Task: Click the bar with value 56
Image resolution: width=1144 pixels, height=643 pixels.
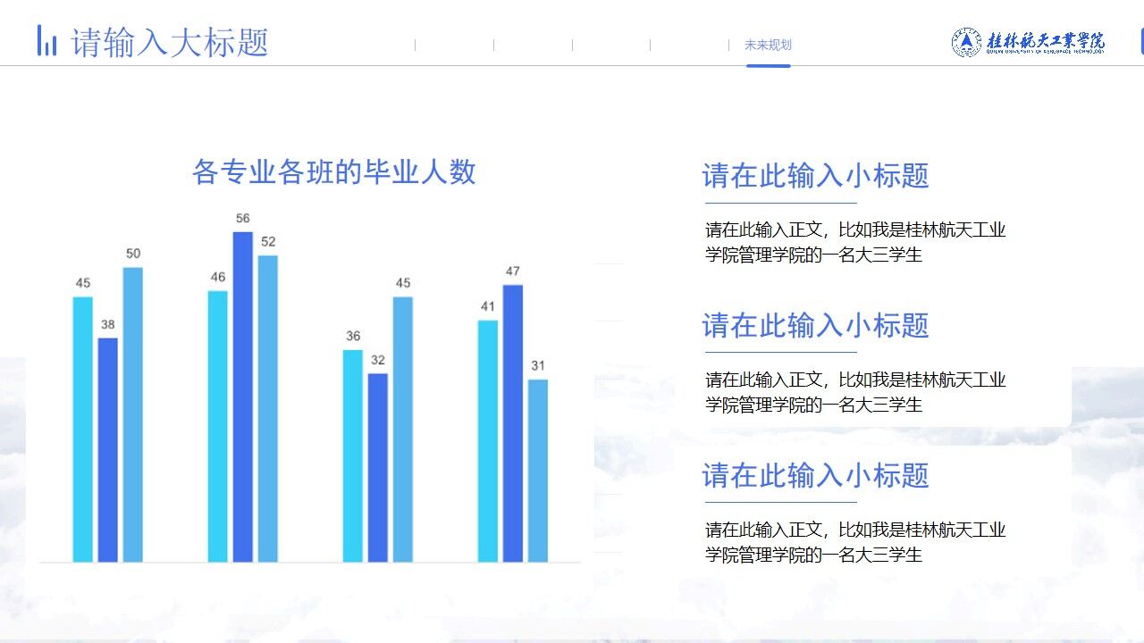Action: tap(243, 397)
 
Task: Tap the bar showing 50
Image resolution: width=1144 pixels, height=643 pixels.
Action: tap(132, 414)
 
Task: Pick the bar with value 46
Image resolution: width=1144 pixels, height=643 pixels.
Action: tap(217, 426)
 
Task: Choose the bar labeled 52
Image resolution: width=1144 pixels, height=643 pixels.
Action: tap(268, 408)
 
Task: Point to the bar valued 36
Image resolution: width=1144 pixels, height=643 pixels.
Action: tap(353, 455)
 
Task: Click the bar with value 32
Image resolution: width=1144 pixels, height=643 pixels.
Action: tap(378, 467)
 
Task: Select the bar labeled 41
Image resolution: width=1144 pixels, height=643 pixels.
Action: tap(487, 441)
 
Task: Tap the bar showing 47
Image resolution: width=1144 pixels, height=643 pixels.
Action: tap(513, 423)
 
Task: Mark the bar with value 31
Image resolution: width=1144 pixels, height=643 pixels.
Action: tap(538, 471)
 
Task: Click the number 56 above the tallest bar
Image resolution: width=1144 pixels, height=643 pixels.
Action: tap(243, 219)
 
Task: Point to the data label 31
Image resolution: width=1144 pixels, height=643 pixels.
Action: tap(538, 366)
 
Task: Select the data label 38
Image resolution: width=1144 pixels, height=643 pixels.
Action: tap(107, 325)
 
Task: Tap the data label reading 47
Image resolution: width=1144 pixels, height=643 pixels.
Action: tap(513, 271)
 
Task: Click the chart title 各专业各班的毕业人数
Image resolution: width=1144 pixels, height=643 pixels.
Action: tap(333, 171)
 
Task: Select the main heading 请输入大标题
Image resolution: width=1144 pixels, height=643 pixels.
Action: tap(170, 42)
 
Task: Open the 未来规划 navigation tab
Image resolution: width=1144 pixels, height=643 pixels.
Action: tap(768, 46)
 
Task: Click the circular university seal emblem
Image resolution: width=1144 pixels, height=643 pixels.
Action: tap(966, 42)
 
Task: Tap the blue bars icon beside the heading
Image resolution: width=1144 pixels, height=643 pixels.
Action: tap(46, 41)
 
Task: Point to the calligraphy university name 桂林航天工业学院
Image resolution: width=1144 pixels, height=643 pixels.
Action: tap(1046, 41)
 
